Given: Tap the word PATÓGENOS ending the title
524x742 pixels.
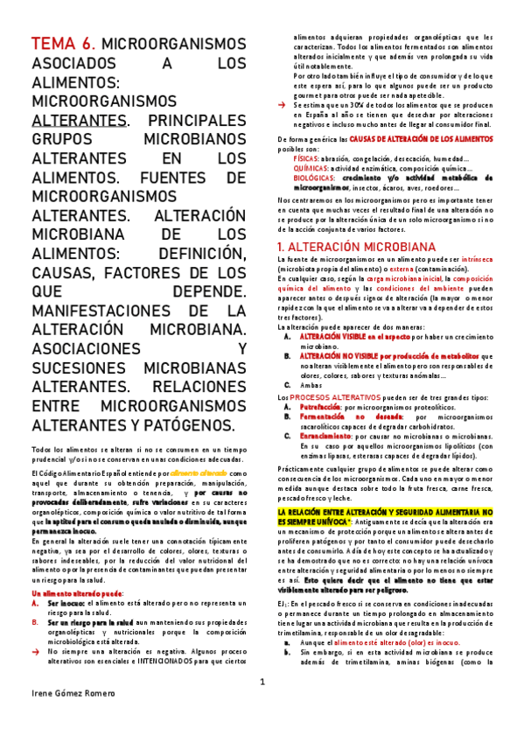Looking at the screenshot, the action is (x=194, y=423).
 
